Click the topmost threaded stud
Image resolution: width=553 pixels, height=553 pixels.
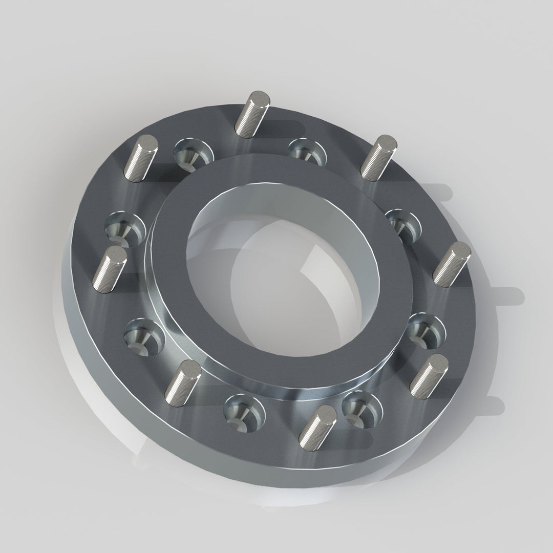pos(250,113)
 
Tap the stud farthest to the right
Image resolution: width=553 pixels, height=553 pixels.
pos(451,263)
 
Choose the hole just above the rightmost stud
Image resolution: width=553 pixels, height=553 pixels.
pos(404,223)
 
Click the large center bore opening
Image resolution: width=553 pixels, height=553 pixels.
pos(276,276)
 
